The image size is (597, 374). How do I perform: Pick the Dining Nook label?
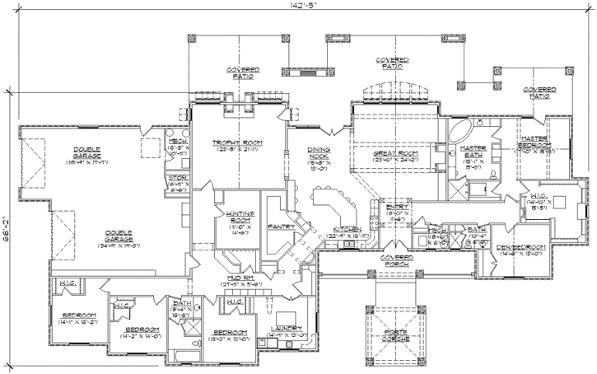pos(319,152)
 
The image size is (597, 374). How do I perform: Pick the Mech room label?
pos(178,141)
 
